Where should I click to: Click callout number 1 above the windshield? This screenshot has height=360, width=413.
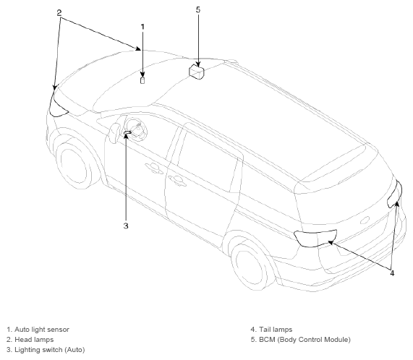142,27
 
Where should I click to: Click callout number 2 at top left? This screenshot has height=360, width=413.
59,12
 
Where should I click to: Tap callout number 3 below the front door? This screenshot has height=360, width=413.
126,226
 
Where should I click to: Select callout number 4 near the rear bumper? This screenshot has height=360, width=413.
392,273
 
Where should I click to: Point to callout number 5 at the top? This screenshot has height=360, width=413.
198,9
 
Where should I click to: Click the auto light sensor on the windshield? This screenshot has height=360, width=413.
142,80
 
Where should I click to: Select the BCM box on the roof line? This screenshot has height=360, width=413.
197,72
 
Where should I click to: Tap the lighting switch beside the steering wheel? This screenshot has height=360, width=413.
127,132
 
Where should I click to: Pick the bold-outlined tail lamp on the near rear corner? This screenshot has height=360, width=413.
315,238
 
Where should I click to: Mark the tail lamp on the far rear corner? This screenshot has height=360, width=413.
395,194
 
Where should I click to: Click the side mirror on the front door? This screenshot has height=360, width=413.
115,133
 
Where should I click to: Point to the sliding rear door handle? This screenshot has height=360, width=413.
177,181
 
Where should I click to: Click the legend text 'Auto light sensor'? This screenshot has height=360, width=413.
42,330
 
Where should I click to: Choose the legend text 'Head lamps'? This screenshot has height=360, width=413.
34,340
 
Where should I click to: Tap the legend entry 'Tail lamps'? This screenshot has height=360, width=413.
276,330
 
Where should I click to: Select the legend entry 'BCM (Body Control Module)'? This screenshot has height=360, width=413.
305,340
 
